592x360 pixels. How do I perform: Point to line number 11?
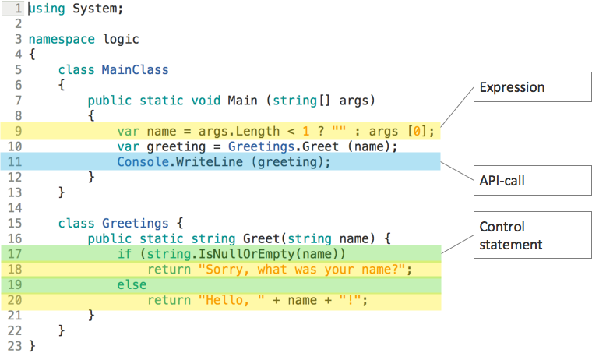pos(16,162)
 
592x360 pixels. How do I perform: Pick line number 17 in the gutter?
pos(16,254)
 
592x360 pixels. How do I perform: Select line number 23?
pos(16,345)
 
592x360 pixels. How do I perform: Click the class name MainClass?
pos(135,69)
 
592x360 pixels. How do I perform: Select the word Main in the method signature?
pos(242,100)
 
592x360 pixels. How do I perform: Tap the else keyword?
pos(132,284)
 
